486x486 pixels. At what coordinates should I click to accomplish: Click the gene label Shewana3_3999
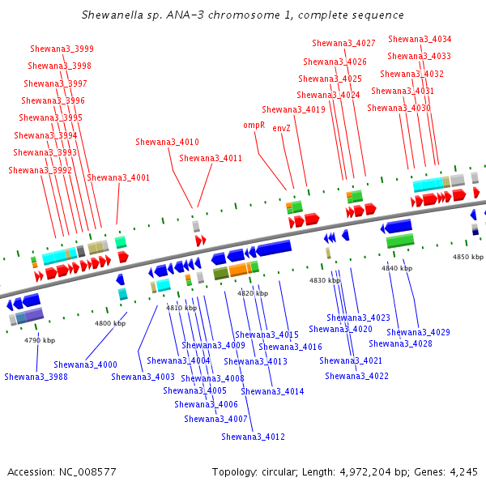[62, 49]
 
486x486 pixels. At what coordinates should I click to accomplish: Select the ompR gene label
[254, 126]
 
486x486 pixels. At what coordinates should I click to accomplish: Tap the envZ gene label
[281, 128]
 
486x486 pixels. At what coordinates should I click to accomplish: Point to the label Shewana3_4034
[420, 39]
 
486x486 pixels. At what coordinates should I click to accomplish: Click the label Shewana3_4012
[253, 437]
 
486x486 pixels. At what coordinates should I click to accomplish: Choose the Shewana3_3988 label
[36, 377]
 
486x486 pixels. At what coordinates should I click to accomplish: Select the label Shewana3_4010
[167, 142]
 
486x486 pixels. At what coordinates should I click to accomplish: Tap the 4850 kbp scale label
[467, 257]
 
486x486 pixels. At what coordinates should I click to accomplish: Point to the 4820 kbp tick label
[252, 293]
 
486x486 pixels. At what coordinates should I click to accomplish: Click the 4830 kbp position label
[325, 280]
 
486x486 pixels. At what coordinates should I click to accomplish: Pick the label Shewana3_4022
[356, 376]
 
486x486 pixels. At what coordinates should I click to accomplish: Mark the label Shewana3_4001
[118, 177]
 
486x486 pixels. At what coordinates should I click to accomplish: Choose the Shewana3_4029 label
[418, 332]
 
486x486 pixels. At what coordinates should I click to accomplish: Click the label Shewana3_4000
[85, 365]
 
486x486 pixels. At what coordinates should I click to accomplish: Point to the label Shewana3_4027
[343, 43]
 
